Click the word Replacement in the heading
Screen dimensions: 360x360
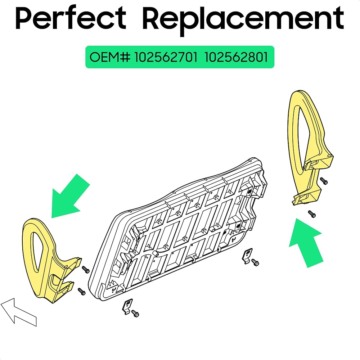pyautogui.click(x=243, y=19)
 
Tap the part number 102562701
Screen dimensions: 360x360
pyautogui.click(x=166, y=57)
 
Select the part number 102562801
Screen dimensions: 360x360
pyautogui.click(x=237, y=57)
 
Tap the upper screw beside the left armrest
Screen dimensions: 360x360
pyautogui.click(x=86, y=269)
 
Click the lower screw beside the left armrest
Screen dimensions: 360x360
pyautogui.click(x=81, y=291)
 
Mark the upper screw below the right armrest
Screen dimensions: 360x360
pyautogui.click(x=324, y=181)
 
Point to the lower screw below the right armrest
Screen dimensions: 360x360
pyautogui.click(x=312, y=214)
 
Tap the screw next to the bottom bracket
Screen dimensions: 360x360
pyautogui.click(x=135, y=313)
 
